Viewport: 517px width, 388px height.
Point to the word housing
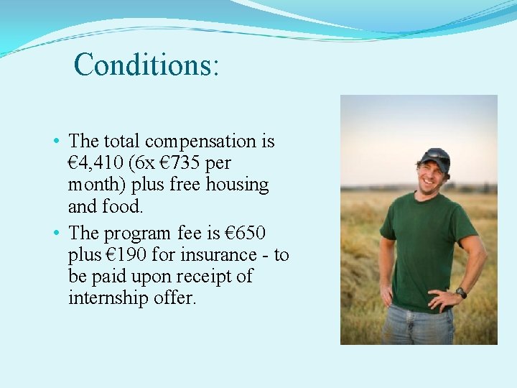coord(238,185)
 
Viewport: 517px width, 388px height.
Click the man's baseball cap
coord(435,157)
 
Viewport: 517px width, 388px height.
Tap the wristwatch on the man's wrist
coord(461,292)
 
